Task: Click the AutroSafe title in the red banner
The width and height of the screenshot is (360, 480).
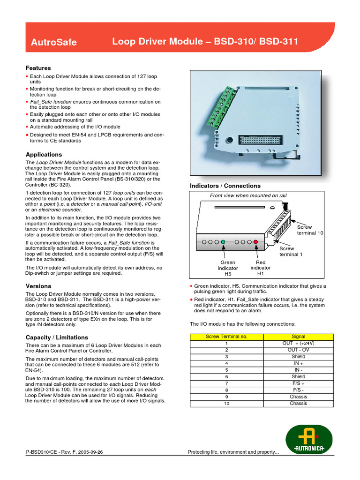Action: click(x=53, y=43)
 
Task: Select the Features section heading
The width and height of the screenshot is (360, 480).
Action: click(x=38, y=68)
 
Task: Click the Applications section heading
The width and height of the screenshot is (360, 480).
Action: click(x=44, y=154)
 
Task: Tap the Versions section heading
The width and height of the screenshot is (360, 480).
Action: click(x=38, y=286)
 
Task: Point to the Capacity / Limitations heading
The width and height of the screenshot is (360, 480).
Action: click(x=57, y=337)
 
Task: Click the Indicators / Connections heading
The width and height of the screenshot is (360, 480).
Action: click(x=225, y=186)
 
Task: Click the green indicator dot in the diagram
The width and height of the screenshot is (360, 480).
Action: click(x=223, y=242)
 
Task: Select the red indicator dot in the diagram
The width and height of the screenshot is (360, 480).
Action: click(x=256, y=242)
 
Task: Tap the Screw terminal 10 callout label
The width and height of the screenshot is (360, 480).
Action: click(x=310, y=230)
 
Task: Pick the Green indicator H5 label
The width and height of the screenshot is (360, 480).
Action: click(x=227, y=268)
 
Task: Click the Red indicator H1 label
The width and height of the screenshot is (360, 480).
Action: click(x=261, y=268)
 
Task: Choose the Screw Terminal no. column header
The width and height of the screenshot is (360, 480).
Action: click(x=226, y=337)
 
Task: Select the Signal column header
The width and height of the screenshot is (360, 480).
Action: click(x=298, y=337)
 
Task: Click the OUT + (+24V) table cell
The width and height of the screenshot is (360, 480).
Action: click(x=298, y=343)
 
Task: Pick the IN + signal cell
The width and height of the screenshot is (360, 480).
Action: click(x=298, y=363)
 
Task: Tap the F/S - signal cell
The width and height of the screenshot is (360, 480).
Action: click(x=298, y=390)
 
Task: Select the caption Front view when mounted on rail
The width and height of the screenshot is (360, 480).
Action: click(x=248, y=195)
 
